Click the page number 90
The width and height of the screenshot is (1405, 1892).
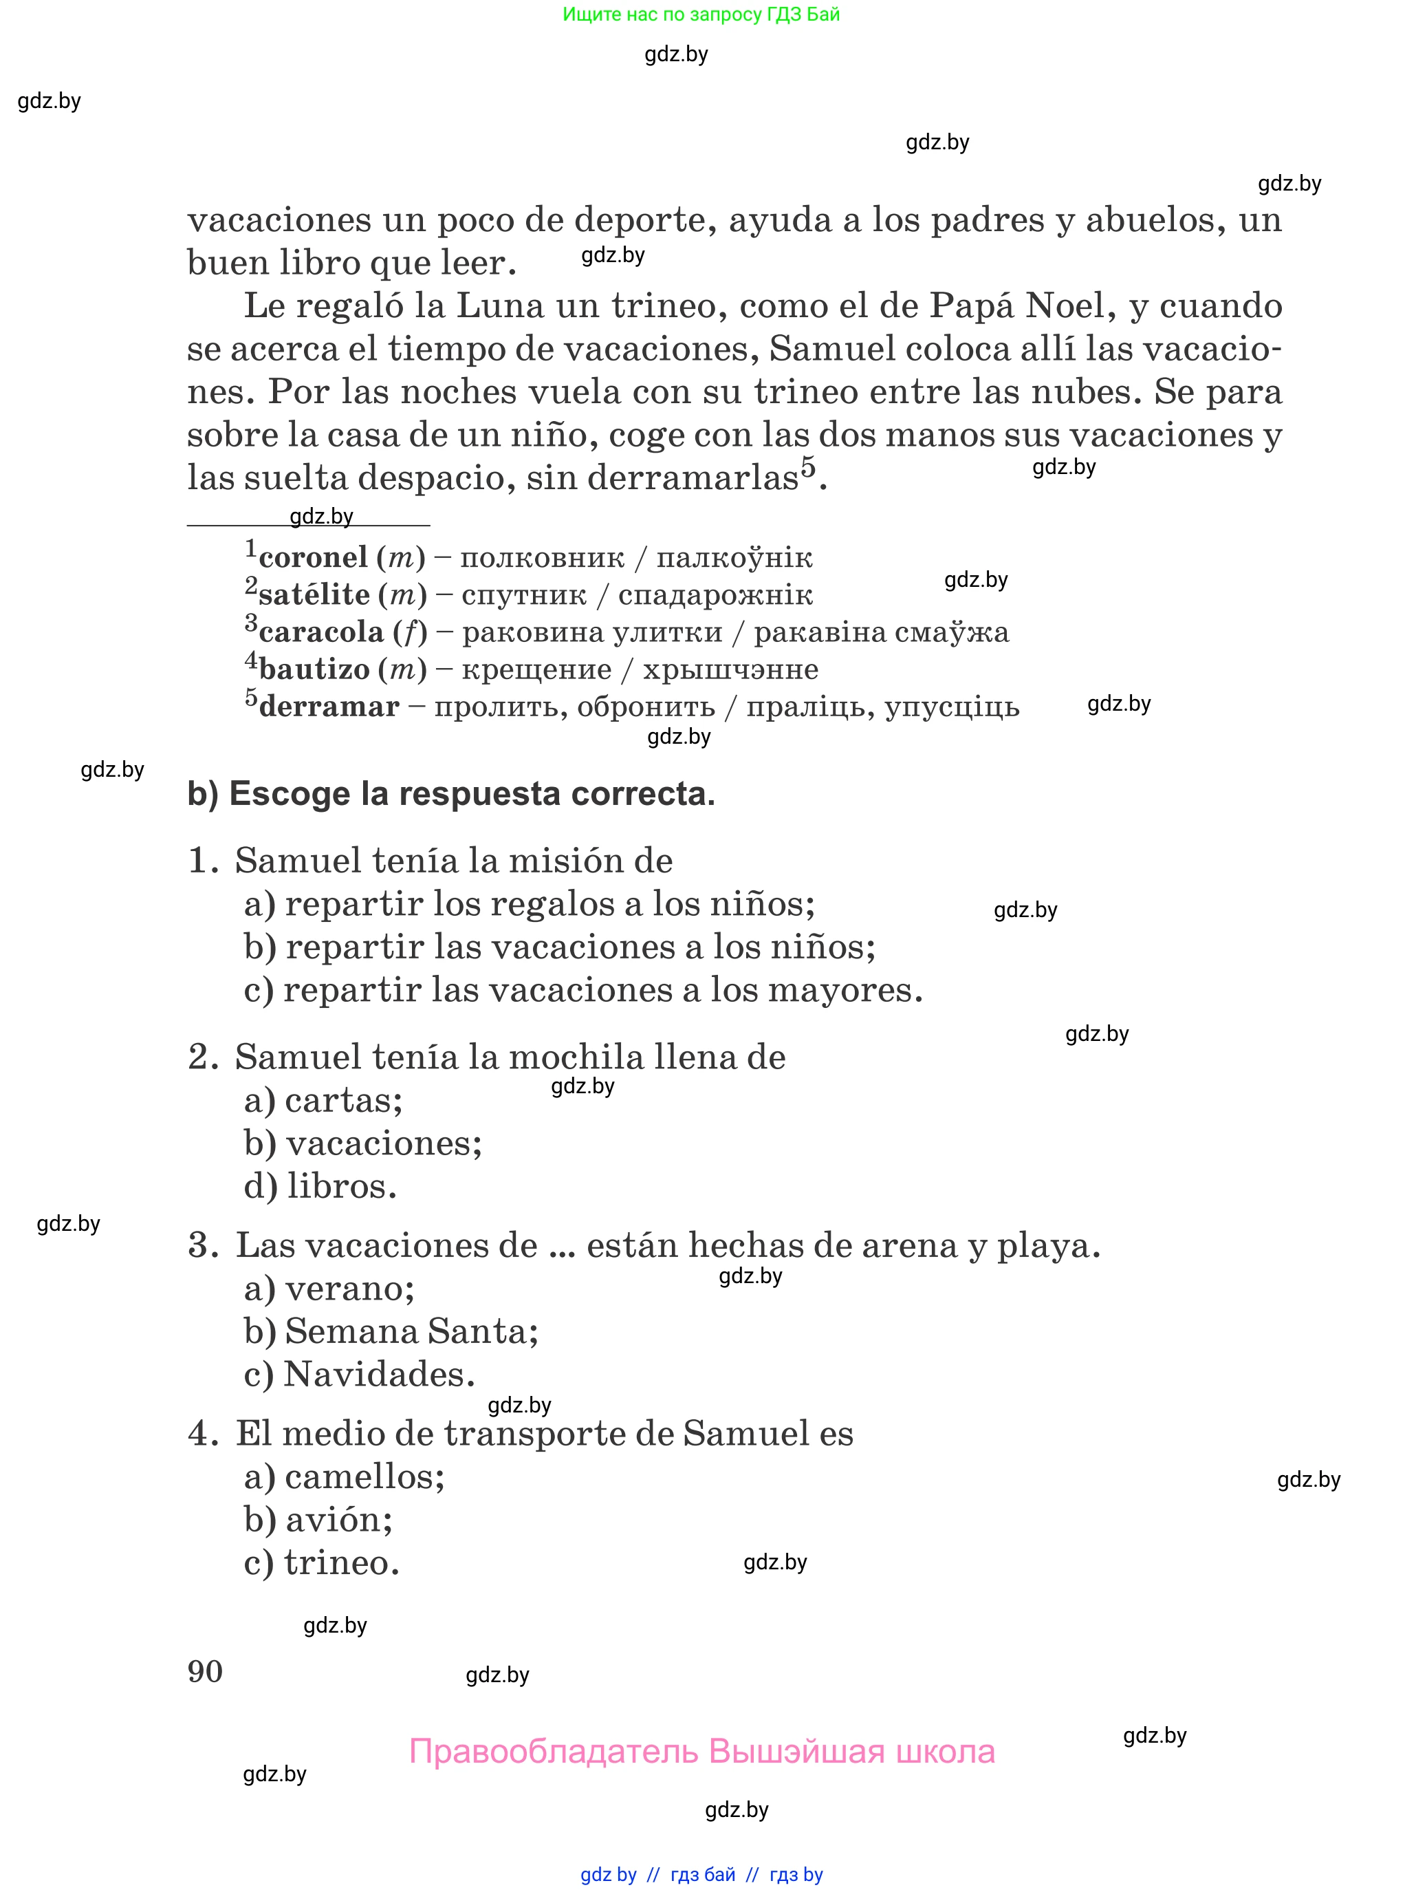(205, 1672)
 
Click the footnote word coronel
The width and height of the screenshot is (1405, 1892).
(313, 558)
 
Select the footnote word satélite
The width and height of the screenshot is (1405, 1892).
(314, 594)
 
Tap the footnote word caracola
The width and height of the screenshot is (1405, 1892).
(320, 632)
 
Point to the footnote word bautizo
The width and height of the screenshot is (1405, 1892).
(314, 669)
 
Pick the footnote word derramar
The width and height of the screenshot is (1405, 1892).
(328, 707)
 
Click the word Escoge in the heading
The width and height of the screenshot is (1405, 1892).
(289, 794)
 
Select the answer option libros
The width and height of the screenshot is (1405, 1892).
(341, 1187)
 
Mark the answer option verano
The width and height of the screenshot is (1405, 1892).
(349, 1289)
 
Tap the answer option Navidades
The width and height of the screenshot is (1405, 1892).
(378, 1375)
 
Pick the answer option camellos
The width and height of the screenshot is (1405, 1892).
(364, 1477)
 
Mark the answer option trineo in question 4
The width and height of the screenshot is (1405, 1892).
(340, 1562)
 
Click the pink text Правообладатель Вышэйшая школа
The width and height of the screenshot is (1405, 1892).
(701, 1752)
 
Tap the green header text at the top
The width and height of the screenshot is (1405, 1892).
(701, 14)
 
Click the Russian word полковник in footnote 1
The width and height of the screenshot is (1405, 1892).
(542, 558)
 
